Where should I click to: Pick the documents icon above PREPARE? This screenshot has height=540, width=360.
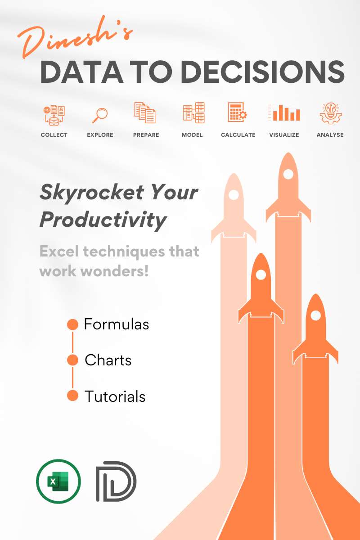145,113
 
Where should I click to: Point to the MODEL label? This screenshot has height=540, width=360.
192,135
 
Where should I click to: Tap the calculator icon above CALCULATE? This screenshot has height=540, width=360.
237,112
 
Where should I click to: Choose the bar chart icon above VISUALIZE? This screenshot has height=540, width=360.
284,113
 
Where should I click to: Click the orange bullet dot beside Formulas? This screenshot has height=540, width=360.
72,324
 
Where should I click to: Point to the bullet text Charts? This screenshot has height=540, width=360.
108,360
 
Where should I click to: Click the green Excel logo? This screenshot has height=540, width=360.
58,481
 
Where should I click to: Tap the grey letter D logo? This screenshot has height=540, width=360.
116,481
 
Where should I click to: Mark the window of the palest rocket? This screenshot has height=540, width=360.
234,195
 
